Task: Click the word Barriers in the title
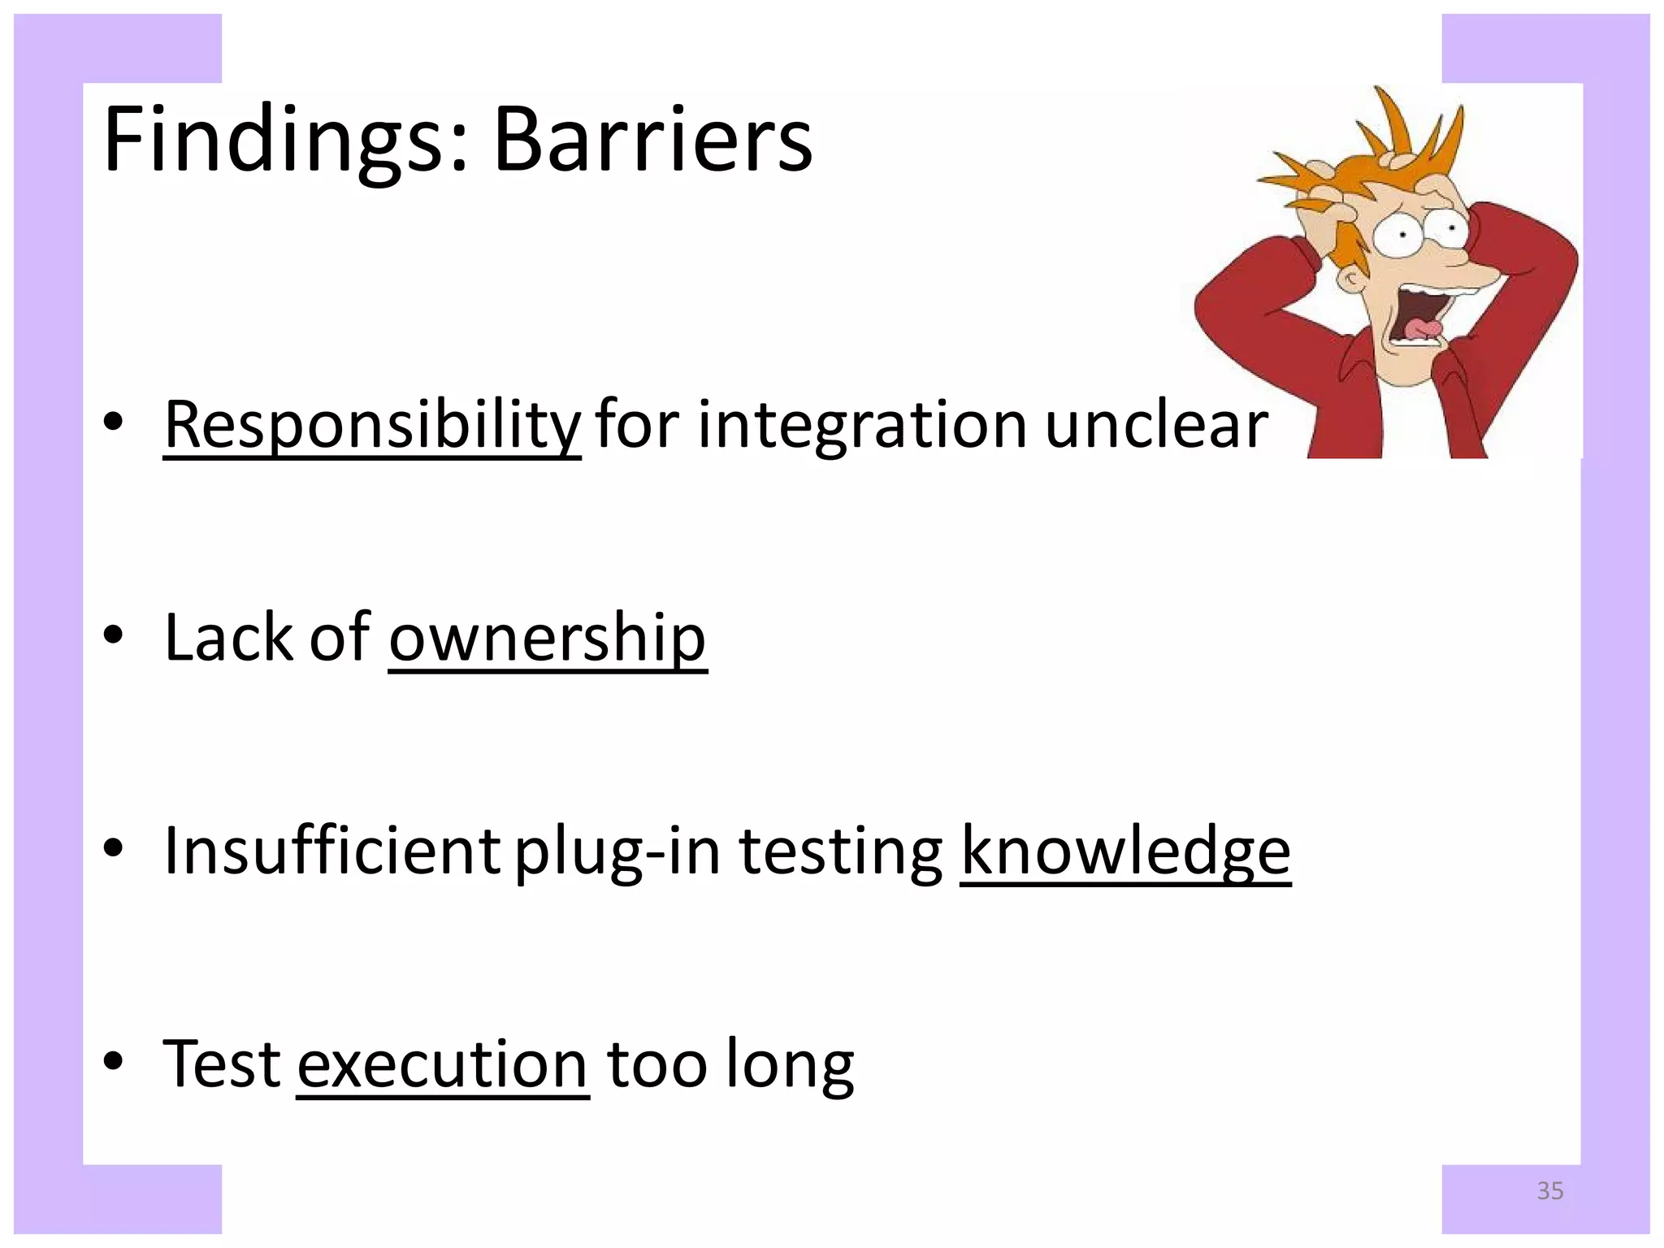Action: click(652, 141)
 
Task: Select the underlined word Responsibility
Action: click(372, 425)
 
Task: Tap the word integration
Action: click(863, 425)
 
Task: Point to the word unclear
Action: click(1156, 425)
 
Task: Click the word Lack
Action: click(227, 638)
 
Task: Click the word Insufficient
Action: click(331, 851)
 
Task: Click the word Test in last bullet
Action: click(222, 1064)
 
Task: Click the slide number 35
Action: click(1550, 1191)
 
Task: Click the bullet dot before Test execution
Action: click(114, 1061)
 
